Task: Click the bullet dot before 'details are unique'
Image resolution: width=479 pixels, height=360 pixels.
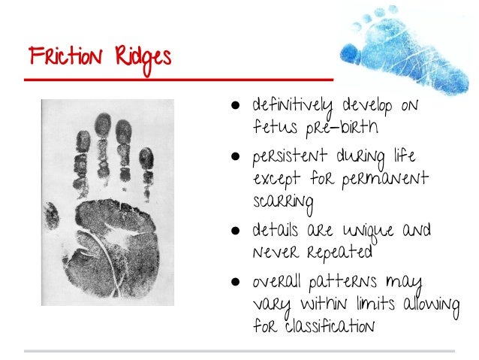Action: click(236, 228)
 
